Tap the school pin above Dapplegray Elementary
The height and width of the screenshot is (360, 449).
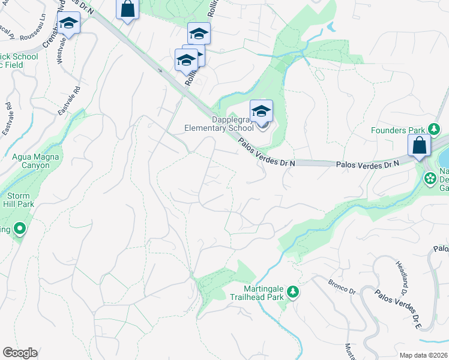click(261, 112)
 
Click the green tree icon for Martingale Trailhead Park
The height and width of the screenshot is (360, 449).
click(293, 292)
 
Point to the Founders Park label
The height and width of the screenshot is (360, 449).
click(397, 130)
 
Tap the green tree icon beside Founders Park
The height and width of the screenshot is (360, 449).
click(433, 129)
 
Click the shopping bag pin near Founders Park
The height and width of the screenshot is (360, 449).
click(418, 146)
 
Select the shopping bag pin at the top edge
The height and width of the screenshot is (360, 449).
click(127, 10)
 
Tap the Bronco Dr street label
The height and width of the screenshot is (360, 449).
click(342, 286)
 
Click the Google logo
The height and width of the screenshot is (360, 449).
click(20, 353)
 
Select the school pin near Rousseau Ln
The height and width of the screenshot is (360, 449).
click(69, 24)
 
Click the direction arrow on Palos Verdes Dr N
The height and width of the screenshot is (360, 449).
click(160, 70)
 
